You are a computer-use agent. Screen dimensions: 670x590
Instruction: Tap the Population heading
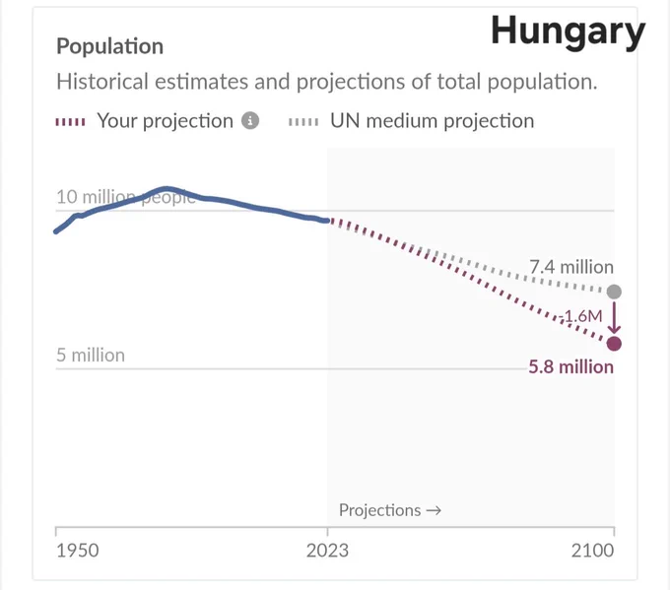pyautogui.click(x=109, y=46)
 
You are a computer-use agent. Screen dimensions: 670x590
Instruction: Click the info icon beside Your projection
pyautogui.click(x=250, y=121)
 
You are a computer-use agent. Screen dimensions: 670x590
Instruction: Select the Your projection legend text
pyautogui.click(x=165, y=121)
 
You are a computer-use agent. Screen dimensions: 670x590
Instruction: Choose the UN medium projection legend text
pyautogui.click(x=432, y=121)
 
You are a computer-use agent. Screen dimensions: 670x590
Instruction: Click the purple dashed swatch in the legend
pyautogui.click(x=71, y=122)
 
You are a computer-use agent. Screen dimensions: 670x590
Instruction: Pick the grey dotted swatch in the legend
pyautogui.click(x=303, y=122)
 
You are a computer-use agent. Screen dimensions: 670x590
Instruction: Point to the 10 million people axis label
pyautogui.click(x=126, y=197)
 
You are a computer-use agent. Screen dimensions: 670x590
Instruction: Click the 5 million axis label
pyautogui.click(x=91, y=355)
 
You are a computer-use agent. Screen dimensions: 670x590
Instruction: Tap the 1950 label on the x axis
pyautogui.click(x=78, y=551)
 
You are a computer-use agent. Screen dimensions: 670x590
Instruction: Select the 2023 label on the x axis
pyautogui.click(x=327, y=551)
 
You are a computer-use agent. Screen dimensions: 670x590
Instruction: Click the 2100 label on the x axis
pyautogui.click(x=593, y=551)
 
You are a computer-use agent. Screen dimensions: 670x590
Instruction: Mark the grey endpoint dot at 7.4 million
pyautogui.click(x=614, y=292)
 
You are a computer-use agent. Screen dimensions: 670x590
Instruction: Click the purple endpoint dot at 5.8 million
pyautogui.click(x=614, y=344)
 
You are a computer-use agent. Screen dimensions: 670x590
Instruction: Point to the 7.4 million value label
pyautogui.click(x=571, y=267)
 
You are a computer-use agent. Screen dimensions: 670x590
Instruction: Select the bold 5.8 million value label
pyautogui.click(x=570, y=367)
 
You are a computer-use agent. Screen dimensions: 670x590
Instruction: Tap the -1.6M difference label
pyautogui.click(x=582, y=316)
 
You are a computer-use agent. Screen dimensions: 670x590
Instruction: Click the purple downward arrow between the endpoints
pyautogui.click(x=614, y=318)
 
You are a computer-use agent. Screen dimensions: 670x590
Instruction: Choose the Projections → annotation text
pyautogui.click(x=390, y=510)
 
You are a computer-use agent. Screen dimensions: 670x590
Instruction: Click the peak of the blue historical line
pyautogui.click(x=167, y=188)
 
